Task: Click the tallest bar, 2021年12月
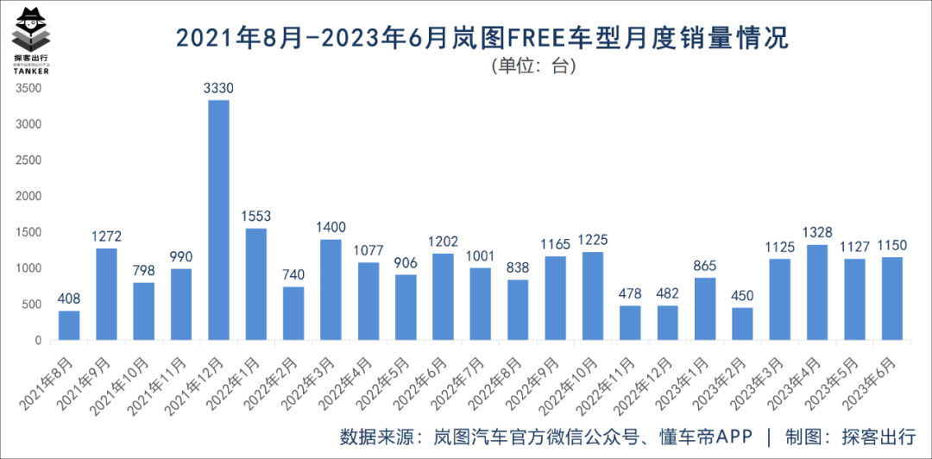pyautogui.click(x=218, y=220)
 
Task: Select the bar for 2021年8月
pyautogui.click(x=69, y=325)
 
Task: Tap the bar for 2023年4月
pyautogui.click(x=817, y=292)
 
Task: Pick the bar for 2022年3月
pyautogui.click(x=331, y=290)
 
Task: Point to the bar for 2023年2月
pyautogui.click(x=742, y=324)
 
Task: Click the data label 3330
pyautogui.click(x=218, y=88)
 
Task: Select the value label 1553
pyautogui.click(x=255, y=217)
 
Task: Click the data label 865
pyautogui.click(x=705, y=266)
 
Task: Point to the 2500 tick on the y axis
pyautogui.click(x=28, y=160)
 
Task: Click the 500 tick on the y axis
pyautogui.click(x=31, y=304)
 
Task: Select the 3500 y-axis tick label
pyautogui.click(x=28, y=87)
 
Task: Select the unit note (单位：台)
pyautogui.click(x=533, y=66)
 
